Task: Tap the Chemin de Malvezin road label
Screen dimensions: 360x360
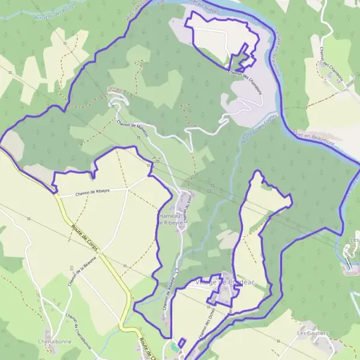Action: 133,130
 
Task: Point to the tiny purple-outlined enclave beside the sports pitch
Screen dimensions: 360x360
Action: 182,342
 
